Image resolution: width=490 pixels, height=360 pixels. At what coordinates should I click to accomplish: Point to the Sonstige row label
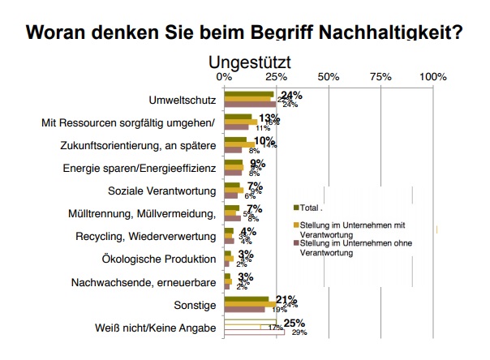tap(196, 305)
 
